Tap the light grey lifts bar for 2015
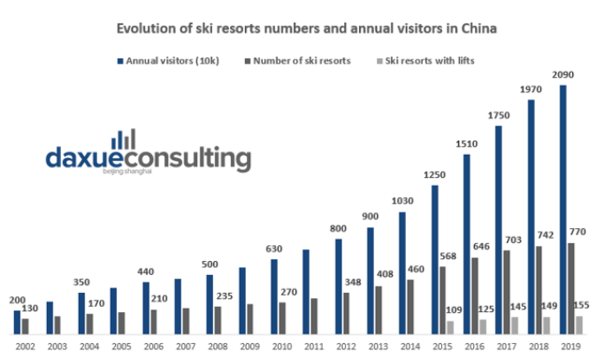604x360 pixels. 450,327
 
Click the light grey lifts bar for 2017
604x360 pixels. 515,326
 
